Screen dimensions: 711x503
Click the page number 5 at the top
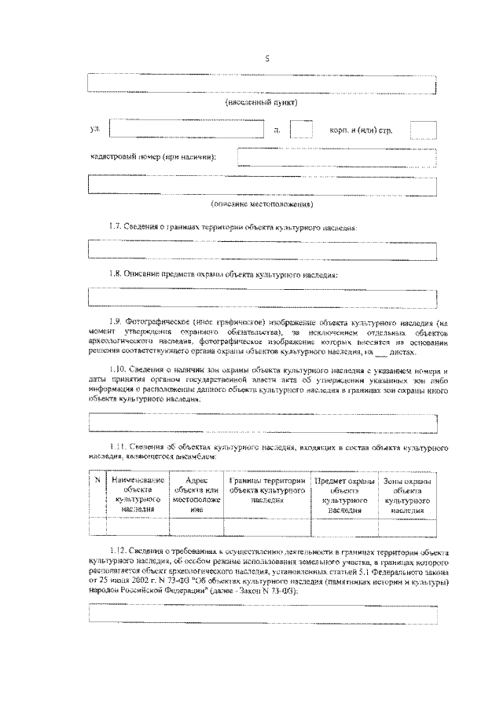(267, 57)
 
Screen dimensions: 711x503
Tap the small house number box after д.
(301, 128)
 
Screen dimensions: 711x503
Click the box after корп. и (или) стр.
(423, 130)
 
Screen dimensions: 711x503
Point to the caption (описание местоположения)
(262, 204)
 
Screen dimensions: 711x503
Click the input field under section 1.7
(262, 250)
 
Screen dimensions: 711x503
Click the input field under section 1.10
(262, 423)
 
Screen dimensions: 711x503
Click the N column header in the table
(97, 480)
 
